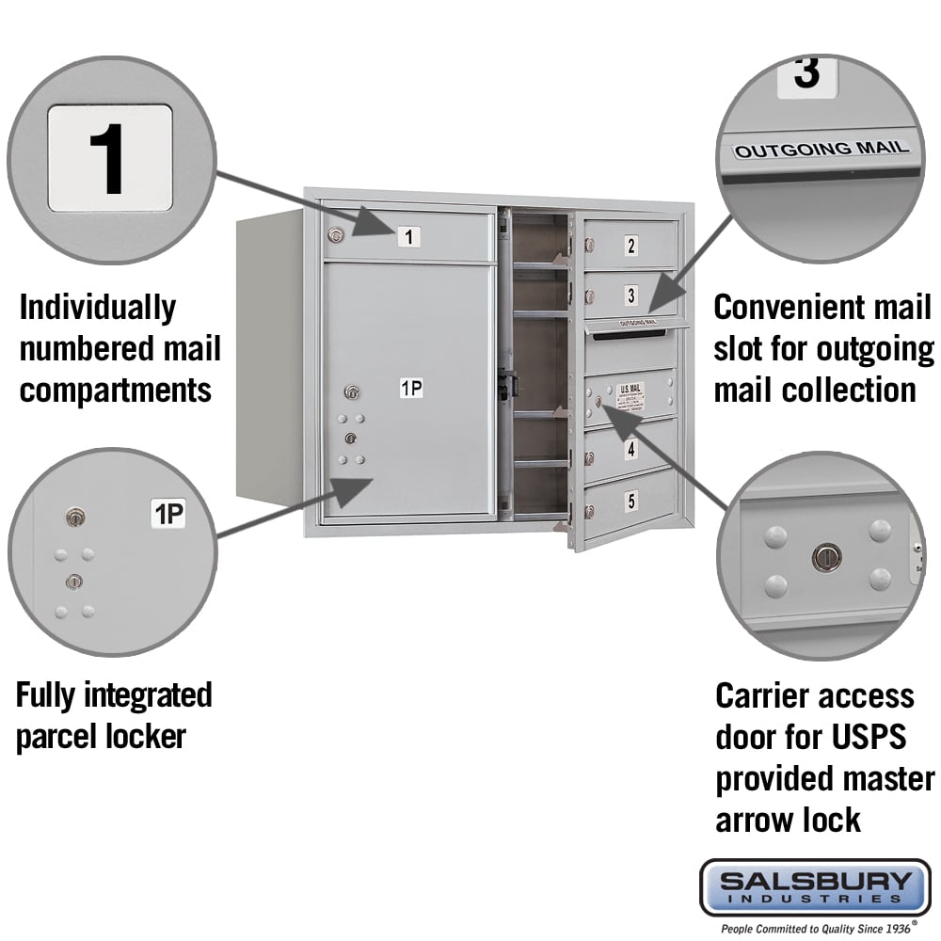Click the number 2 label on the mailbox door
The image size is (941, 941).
click(x=631, y=247)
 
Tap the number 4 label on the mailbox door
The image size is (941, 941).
click(x=631, y=450)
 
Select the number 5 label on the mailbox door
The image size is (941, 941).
click(x=631, y=501)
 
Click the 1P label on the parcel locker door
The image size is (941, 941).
click(x=411, y=387)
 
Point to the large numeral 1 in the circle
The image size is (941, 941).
click(x=108, y=158)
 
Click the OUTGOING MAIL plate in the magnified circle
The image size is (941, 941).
click(x=821, y=148)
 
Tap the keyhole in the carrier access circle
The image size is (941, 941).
click(x=825, y=557)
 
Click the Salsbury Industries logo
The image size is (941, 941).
click(x=815, y=886)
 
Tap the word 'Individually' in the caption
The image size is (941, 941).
click(x=97, y=307)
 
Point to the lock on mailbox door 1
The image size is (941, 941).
click(x=334, y=235)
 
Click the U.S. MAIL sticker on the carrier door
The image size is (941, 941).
click(x=630, y=395)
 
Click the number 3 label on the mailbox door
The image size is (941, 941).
click(x=631, y=295)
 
